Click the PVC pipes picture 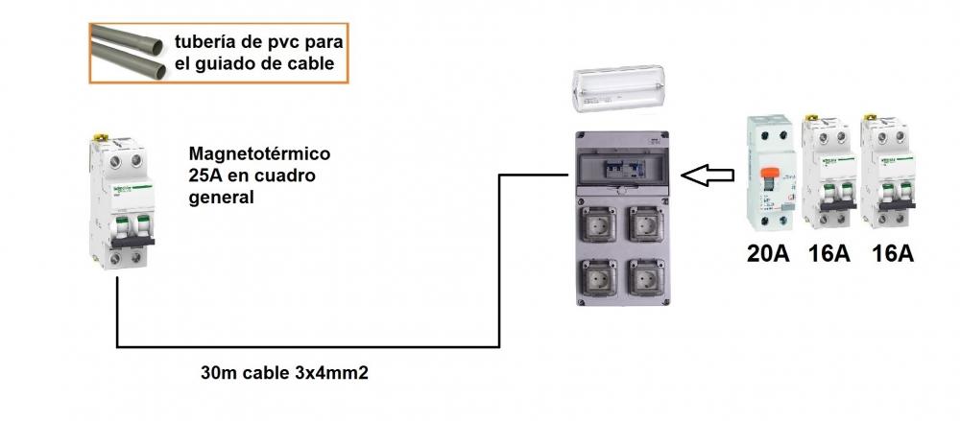coord(129,53)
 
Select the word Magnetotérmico coord(259,153)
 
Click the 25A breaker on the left coord(123,202)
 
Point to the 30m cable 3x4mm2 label coord(285,373)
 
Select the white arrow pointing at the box coord(708,175)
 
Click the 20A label coord(768,253)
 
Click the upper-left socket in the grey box coord(600,223)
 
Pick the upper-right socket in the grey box coord(647,223)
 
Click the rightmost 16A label coord(893,253)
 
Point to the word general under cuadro coord(221,199)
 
